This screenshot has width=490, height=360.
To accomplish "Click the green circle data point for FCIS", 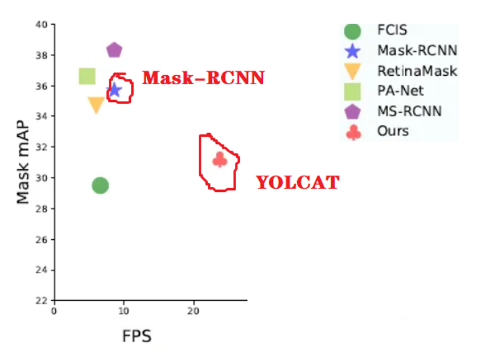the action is click(x=101, y=185).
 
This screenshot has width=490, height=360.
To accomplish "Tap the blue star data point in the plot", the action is click(x=114, y=90).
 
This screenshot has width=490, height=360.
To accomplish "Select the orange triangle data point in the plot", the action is click(x=96, y=105).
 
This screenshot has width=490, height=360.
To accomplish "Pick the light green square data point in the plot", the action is click(x=87, y=76).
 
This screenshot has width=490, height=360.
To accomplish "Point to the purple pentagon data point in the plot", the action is click(x=114, y=50).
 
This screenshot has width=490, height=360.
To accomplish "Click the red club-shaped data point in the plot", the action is click(x=220, y=159).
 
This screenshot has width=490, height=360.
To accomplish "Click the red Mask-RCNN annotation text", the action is click(x=203, y=78).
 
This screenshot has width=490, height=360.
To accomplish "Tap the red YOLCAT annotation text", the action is click(x=297, y=182).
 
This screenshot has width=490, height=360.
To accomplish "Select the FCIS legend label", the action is click(x=392, y=30).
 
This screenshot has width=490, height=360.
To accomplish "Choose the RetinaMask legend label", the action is click(x=417, y=71).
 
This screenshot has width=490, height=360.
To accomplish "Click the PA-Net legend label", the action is click(x=401, y=91).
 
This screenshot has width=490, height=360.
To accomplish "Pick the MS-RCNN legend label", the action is click(x=410, y=111).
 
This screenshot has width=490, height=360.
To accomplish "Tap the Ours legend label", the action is click(x=393, y=131).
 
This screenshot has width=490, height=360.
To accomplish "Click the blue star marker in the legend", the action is click(x=353, y=51).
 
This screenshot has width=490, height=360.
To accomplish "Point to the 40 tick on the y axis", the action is click(x=41, y=25).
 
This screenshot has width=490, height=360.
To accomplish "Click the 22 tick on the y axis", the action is click(x=41, y=301).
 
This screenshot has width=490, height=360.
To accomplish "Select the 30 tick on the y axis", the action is click(x=41, y=178).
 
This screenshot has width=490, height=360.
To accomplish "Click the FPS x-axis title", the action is click(x=137, y=336).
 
